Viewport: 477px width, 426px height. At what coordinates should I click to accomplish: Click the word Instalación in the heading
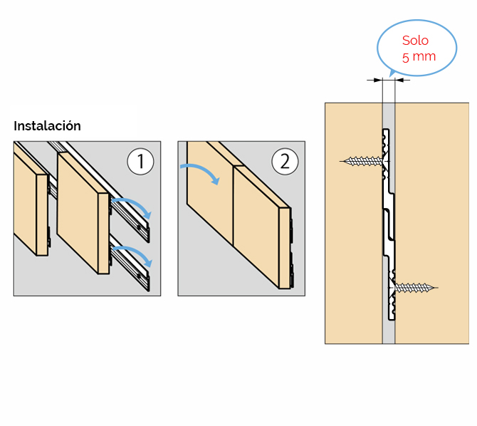(47, 126)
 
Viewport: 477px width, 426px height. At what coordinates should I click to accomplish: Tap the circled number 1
(140, 162)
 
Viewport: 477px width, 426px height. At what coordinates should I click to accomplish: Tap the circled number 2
(285, 162)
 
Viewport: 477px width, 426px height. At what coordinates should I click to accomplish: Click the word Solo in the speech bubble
(415, 41)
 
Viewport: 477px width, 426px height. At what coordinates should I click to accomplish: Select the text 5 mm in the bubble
(419, 57)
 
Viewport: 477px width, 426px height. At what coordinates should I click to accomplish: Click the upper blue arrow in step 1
(134, 204)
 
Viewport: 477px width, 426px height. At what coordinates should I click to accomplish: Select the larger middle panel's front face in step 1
(78, 213)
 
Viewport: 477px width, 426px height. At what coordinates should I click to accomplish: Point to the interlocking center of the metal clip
(389, 224)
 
